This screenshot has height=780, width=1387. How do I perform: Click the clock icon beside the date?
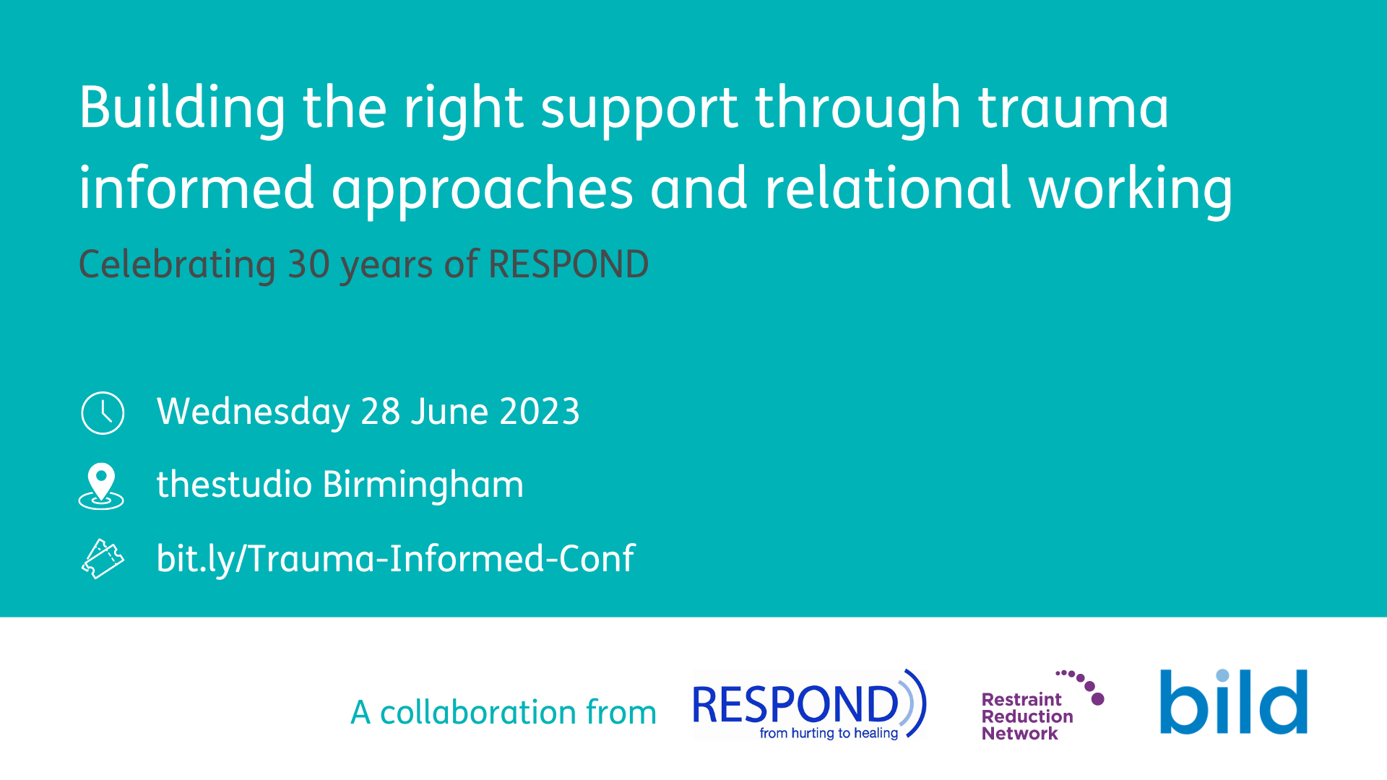pos(103,413)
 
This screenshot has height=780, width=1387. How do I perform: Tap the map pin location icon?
pos(101,486)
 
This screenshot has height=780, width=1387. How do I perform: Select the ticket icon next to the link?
pos(103,559)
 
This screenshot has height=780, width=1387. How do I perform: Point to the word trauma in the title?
pos(1073,108)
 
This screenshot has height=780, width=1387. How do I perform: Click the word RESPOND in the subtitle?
pos(569,264)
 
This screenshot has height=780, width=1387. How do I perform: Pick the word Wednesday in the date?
pos(253,412)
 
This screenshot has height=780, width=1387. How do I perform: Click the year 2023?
pos(539,412)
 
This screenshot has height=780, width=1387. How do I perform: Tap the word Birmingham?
pos(423,485)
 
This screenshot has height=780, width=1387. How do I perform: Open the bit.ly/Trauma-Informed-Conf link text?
pos(395,559)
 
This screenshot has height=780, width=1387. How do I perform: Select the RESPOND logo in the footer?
pos(809,705)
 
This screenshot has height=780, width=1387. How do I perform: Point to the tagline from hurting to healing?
pos(829,733)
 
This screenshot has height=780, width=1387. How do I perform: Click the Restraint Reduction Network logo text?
pos(1027,716)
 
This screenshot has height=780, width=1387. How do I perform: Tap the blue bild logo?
pos(1234,701)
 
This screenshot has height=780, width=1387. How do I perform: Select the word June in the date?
pos(449,412)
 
